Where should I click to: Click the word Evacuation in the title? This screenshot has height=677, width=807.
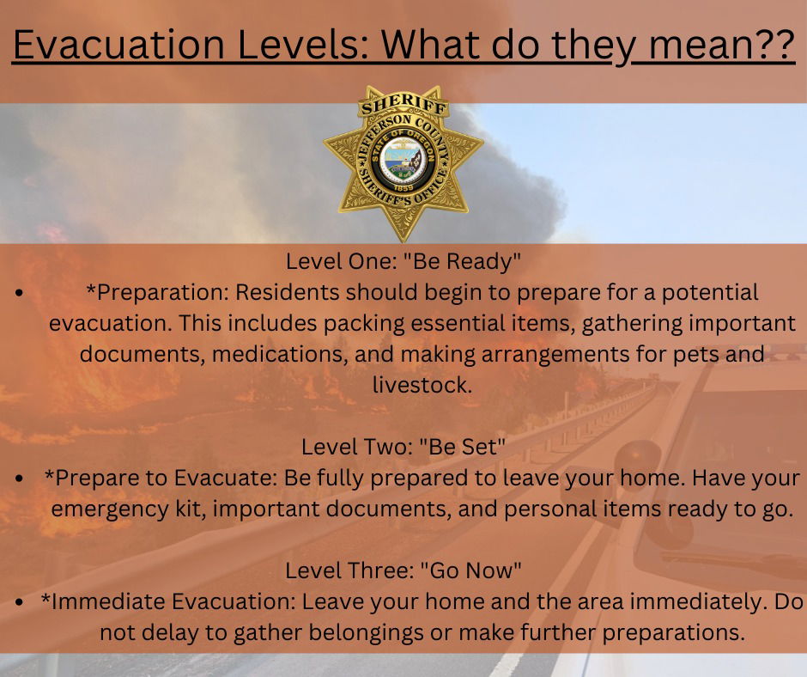tap(118, 45)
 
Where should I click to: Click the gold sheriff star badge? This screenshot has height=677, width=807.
tap(403, 164)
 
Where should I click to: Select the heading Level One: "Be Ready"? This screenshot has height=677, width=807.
tap(403, 261)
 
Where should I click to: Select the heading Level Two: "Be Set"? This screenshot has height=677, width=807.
tap(403, 447)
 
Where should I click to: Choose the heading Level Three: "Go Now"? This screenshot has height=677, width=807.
tap(403, 570)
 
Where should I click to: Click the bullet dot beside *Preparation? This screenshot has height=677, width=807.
tap(19, 294)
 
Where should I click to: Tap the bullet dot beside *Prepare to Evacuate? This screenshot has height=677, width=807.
tap(19, 479)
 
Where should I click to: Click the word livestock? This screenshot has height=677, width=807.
tap(422, 385)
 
